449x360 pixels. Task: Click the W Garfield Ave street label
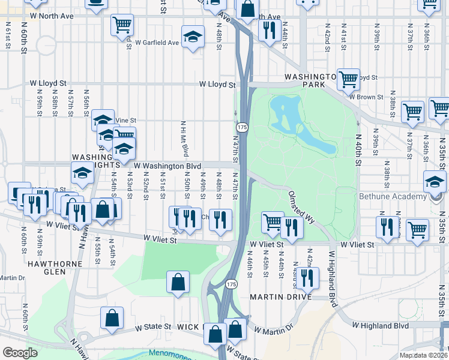pyautogui.click(x=157, y=43)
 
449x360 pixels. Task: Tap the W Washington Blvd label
pyautogui.click(x=167, y=165)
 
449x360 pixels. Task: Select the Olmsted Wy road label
pyautogui.click(x=301, y=208)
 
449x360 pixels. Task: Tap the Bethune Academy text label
pyautogui.click(x=392, y=196)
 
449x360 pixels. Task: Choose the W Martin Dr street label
pyautogui.click(x=273, y=329)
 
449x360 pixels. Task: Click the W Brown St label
pyautogui.click(x=367, y=96)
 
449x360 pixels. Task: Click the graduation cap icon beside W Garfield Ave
pyautogui.click(x=193, y=38)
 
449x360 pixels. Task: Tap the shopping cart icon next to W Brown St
pyautogui.click(x=348, y=79)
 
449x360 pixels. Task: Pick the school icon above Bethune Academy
pyautogui.click(x=435, y=182)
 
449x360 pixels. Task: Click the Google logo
pyautogui.click(x=20, y=353)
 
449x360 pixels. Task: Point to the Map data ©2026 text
pyautogui.click(x=424, y=355)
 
